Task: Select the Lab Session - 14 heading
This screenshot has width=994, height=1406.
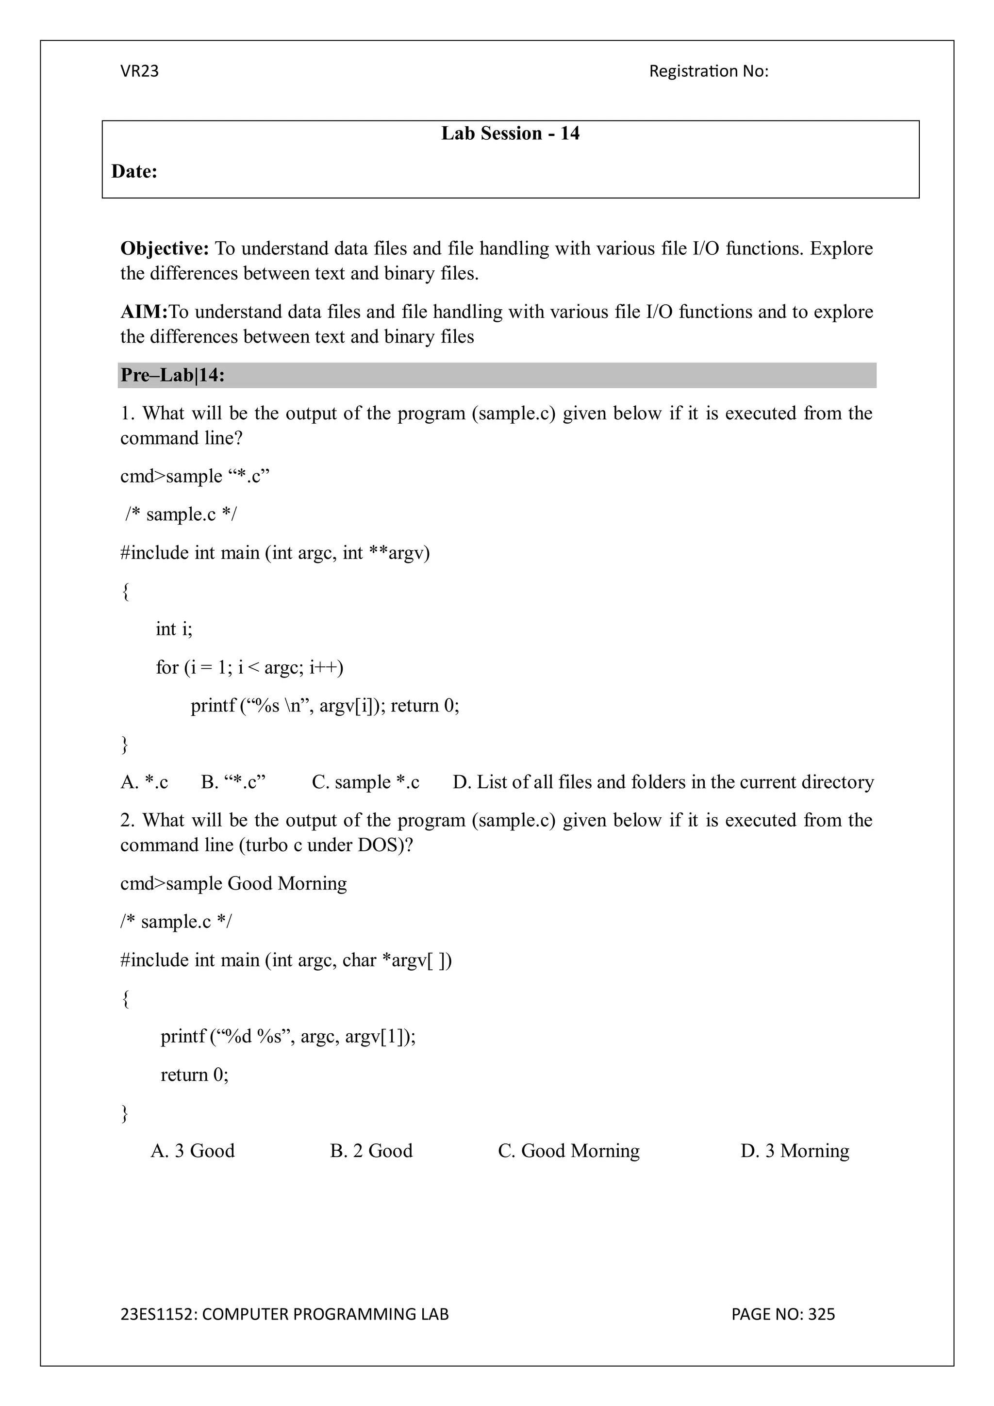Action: coord(510,133)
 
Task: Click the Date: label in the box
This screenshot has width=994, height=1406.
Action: coord(134,171)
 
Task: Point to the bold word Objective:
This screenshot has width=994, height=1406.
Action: coord(165,248)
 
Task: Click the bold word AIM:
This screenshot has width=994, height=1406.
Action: coord(144,312)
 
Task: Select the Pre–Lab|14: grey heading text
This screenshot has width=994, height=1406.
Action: coord(173,375)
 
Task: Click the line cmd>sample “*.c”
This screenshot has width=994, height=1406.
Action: coord(195,476)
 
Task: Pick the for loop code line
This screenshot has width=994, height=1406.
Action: coord(249,667)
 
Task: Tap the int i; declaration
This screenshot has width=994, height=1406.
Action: coord(174,629)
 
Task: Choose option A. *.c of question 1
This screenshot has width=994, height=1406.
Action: coord(144,782)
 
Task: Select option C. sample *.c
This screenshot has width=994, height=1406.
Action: coord(365,782)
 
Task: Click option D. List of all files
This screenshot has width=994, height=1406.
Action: coord(663,782)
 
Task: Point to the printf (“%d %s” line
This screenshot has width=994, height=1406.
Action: coord(288,1036)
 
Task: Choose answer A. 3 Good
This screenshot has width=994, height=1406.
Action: coord(192,1151)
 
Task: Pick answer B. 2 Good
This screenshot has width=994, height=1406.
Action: coord(371,1151)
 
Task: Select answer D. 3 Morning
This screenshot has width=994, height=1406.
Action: coord(795,1151)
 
